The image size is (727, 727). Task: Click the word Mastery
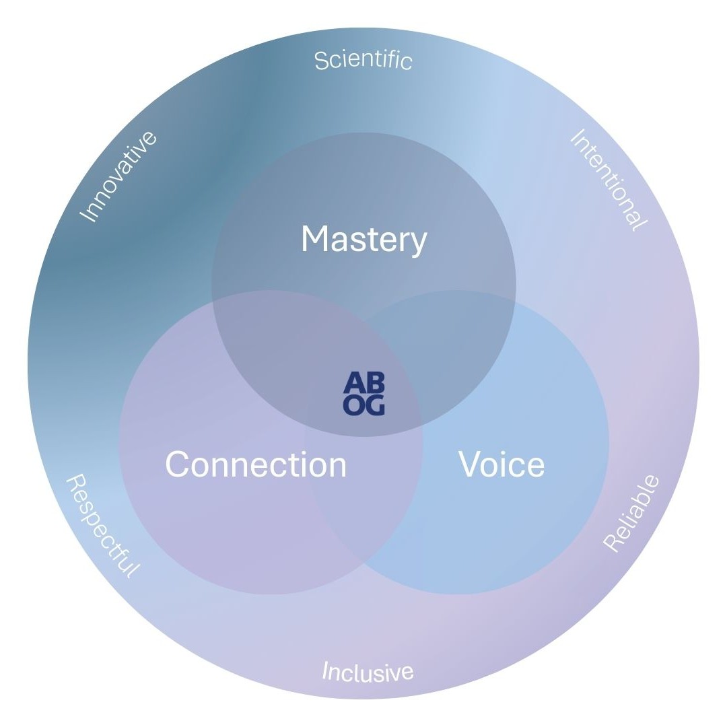[363, 240]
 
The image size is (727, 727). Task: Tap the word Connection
[256, 464]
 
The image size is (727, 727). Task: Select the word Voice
[501, 464]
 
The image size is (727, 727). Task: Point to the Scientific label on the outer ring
[363, 60]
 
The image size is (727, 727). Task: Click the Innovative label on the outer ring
[119, 176]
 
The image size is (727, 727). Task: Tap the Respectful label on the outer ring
[103, 526]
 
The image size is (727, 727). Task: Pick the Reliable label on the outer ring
[631, 513]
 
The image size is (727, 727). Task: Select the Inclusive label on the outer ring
[368, 671]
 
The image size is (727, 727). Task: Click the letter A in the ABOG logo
[354, 383]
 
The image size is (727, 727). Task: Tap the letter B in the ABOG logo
[375, 383]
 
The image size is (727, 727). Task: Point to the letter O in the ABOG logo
[354, 405]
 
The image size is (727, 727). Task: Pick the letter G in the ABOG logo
[375, 405]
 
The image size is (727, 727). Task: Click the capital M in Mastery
[314, 240]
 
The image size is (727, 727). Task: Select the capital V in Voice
[470, 464]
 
